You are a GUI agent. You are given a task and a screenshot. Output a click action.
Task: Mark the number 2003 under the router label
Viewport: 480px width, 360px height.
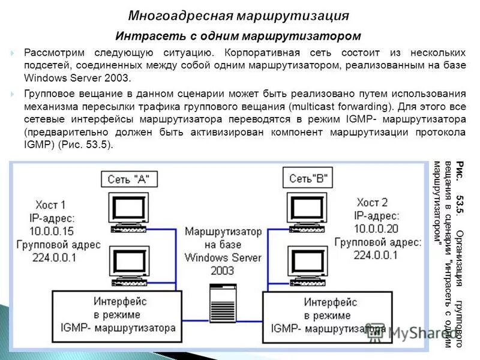pos(223,271)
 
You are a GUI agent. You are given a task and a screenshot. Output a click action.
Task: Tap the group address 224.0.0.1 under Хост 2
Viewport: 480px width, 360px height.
pos(376,254)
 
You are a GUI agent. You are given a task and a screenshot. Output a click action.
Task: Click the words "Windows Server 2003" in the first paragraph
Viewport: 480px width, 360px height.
pos(77,78)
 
